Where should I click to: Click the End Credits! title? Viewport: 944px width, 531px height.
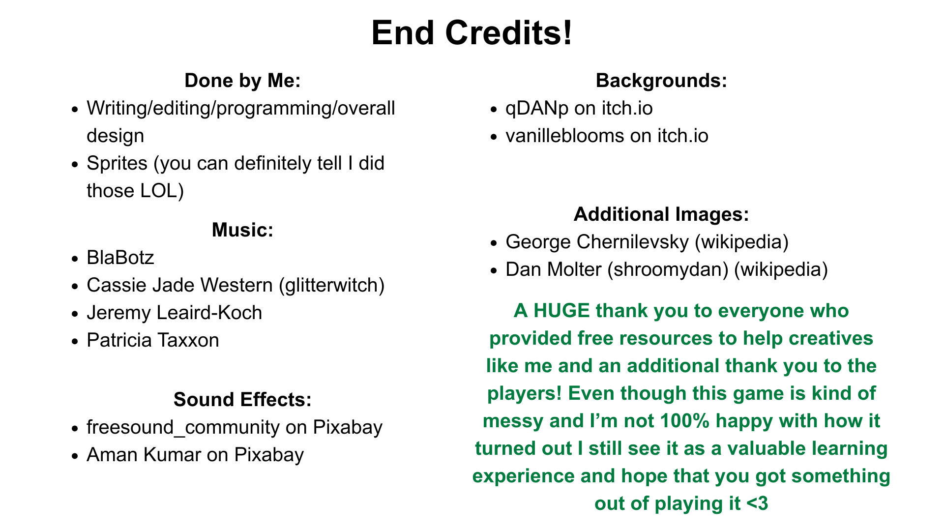point(472,33)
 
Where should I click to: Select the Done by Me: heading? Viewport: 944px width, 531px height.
point(242,81)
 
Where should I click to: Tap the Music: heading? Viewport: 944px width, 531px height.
point(242,230)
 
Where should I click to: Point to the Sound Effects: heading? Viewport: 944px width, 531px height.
point(242,400)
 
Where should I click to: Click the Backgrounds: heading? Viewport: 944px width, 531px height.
point(661,81)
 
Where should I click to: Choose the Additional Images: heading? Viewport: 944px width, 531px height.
point(661,214)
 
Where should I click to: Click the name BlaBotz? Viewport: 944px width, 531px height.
point(120,258)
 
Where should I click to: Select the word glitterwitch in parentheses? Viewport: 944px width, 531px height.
point(331,285)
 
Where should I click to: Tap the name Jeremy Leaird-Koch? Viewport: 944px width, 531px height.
point(175,313)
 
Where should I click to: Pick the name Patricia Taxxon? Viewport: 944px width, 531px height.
point(153,340)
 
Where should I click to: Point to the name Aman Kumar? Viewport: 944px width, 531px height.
point(144,455)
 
